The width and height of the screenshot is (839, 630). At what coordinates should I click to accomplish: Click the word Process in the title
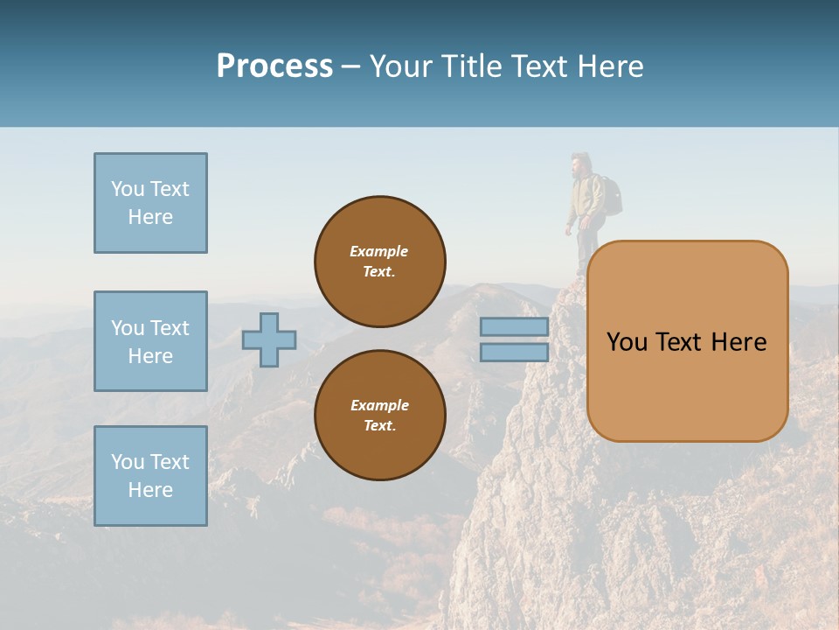coord(274,66)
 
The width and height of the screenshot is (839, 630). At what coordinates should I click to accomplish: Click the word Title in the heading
coord(468,66)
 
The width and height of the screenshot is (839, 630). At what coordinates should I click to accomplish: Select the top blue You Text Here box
coord(150,203)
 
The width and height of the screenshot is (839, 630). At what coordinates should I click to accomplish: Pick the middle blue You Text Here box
coord(150,341)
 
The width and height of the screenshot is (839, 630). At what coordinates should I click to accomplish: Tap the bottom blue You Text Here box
coord(150,476)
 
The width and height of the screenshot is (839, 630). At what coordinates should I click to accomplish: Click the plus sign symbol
coord(269,339)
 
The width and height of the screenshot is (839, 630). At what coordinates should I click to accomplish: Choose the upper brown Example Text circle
coord(380,262)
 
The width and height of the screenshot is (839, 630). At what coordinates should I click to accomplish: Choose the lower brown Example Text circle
coord(380,416)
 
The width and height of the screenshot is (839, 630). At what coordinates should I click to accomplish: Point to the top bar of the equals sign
coord(515,326)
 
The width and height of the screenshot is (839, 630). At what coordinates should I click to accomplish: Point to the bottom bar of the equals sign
coord(515,353)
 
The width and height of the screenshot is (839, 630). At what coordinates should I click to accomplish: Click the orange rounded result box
coord(687,341)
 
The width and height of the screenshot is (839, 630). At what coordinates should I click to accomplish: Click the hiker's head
coord(578,164)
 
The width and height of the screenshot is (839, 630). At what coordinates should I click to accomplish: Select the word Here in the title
coord(610,66)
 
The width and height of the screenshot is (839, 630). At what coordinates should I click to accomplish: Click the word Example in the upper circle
coord(378,251)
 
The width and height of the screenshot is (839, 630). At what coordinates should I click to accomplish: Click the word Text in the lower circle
coord(378,426)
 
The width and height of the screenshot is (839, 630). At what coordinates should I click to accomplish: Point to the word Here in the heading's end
coord(610,66)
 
